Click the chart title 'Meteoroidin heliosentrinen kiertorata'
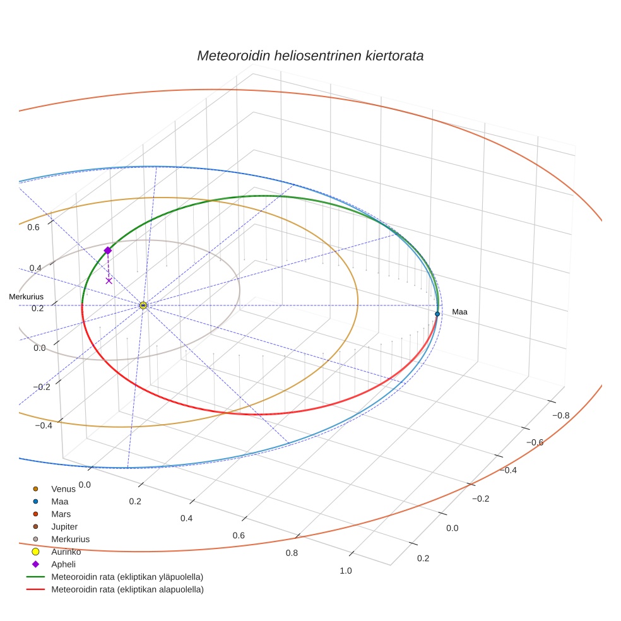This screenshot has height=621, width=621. [310, 56]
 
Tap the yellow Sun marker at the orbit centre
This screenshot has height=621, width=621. [143, 305]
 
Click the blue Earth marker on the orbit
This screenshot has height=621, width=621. [437, 314]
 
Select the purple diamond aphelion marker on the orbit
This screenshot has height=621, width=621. [107, 251]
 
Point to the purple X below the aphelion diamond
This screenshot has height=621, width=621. [109, 281]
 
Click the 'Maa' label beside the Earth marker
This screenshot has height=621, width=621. [459, 312]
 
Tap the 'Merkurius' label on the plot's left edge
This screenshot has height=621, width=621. [21, 296]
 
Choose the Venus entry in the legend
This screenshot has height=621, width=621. [63, 489]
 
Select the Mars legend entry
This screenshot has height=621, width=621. [61, 514]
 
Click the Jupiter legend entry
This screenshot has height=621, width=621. [64, 527]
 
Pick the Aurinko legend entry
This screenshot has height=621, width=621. [66, 552]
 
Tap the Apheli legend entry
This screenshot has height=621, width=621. [63, 565]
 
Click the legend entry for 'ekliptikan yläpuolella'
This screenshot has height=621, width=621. [127, 577]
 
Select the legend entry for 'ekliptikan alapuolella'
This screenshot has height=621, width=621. [127, 590]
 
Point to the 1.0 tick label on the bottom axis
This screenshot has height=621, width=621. [346, 571]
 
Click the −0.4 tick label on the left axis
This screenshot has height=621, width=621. [43, 426]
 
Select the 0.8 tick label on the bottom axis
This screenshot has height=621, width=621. [292, 553]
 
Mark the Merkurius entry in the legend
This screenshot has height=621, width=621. [70, 540]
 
